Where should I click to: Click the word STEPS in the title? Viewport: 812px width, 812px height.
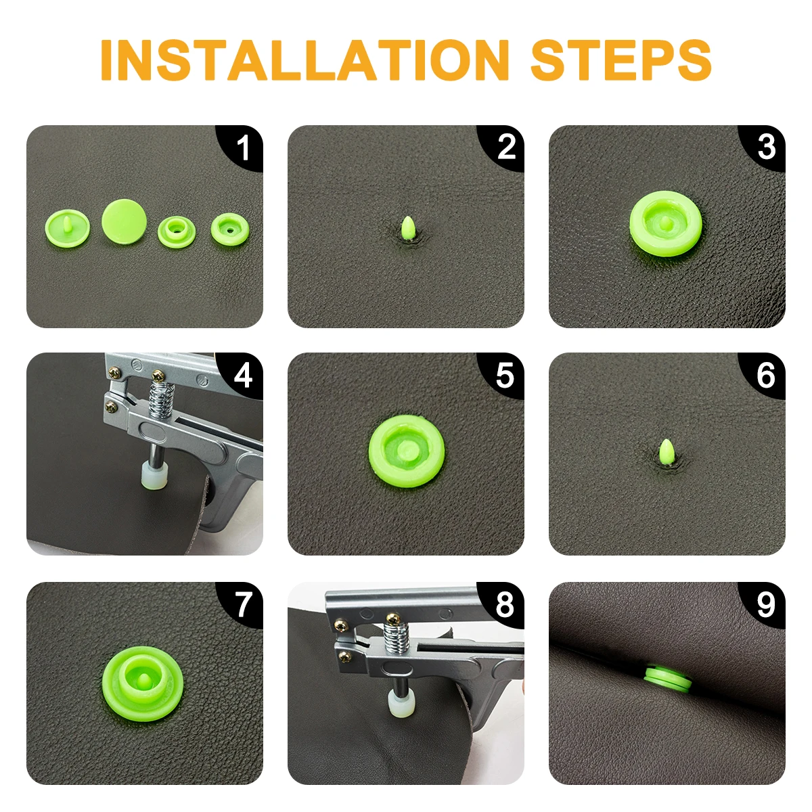(621, 60)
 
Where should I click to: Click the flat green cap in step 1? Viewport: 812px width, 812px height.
(125, 221)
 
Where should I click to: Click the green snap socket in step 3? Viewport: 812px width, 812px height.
(666, 223)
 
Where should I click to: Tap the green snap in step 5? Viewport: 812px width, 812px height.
(406, 451)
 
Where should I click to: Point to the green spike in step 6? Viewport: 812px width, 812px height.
(667, 452)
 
